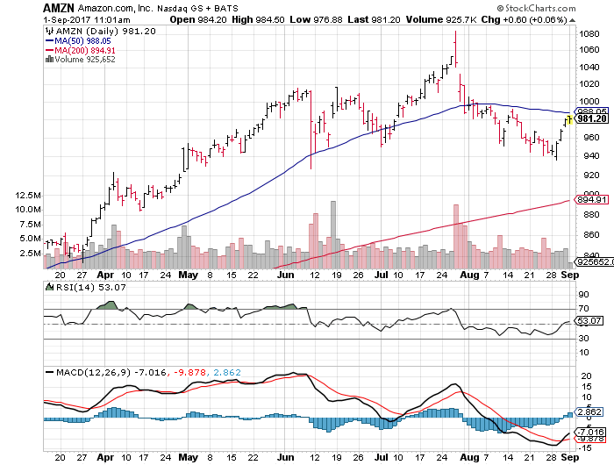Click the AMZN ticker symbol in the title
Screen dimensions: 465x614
[x=60, y=7]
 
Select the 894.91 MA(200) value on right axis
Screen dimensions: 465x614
[x=588, y=200]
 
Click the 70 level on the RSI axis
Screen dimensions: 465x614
[x=582, y=309]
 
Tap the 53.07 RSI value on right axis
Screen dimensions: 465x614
[x=587, y=323]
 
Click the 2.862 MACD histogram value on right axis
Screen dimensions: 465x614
[x=588, y=410]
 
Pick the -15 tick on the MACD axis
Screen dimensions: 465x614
[x=583, y=444]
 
